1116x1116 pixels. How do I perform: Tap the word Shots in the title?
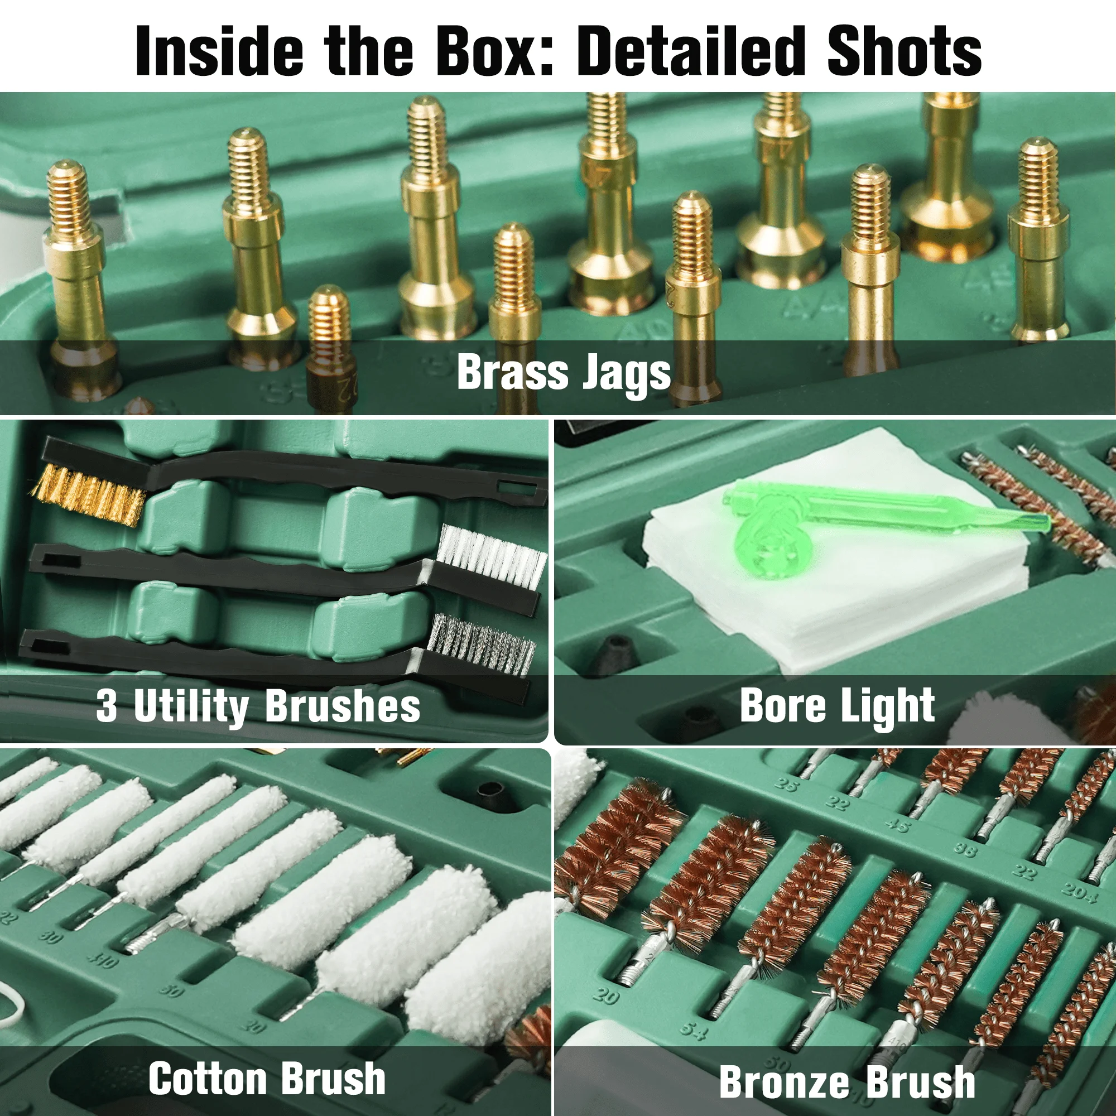(x=903, y=51)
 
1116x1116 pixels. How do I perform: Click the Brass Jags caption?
(x=563, y=373)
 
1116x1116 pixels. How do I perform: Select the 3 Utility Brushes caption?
(x=258, y=706)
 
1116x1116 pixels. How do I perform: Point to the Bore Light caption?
(x=837, y=706)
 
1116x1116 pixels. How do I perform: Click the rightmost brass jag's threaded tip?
(x=1038, y=174)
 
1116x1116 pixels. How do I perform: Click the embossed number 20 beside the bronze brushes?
(x=606, y=995)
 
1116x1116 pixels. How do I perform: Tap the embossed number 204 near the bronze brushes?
(x=1079, y=890)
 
